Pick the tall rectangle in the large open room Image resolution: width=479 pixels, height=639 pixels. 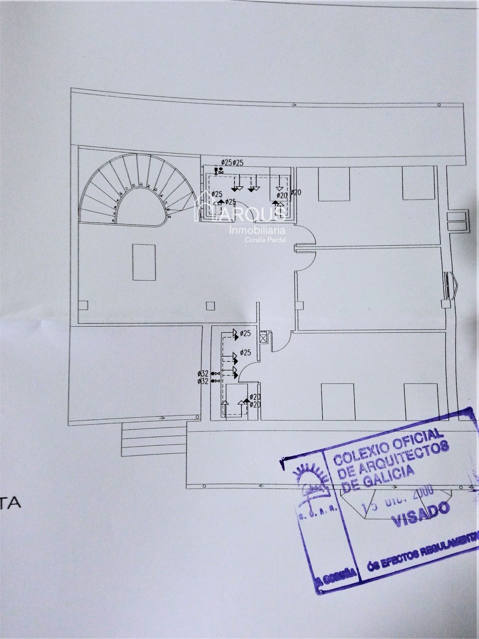point(144,262)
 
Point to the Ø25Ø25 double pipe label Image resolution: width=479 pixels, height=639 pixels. point(233,163)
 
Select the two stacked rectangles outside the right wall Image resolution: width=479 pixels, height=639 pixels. point(456,221)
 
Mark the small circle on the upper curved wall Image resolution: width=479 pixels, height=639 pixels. point(439,105)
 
